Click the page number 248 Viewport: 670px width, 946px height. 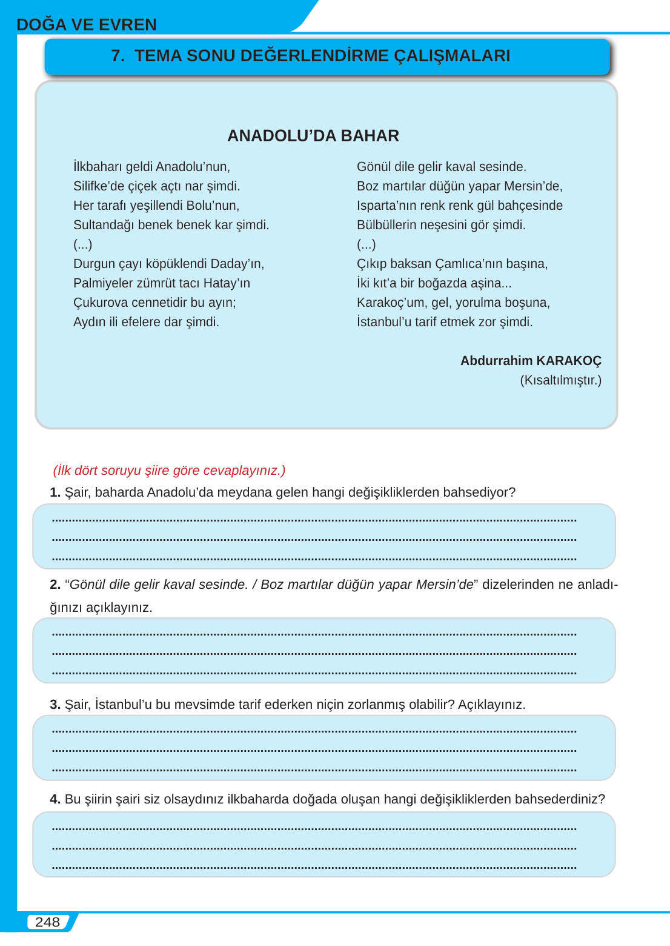(47, 922)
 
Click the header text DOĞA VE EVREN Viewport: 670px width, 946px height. (87, 25)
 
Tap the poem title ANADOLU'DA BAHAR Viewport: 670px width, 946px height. (313, 136)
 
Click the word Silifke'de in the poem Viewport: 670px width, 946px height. (99, 186)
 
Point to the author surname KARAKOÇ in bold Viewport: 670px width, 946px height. (569, 361)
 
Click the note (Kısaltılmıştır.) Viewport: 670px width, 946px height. (560, 380)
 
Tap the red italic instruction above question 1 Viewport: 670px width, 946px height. (169, 471)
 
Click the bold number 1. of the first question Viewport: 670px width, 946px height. (55, 492)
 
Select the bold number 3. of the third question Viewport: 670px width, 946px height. (55, 705)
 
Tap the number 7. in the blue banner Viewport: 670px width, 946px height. (118, 56)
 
